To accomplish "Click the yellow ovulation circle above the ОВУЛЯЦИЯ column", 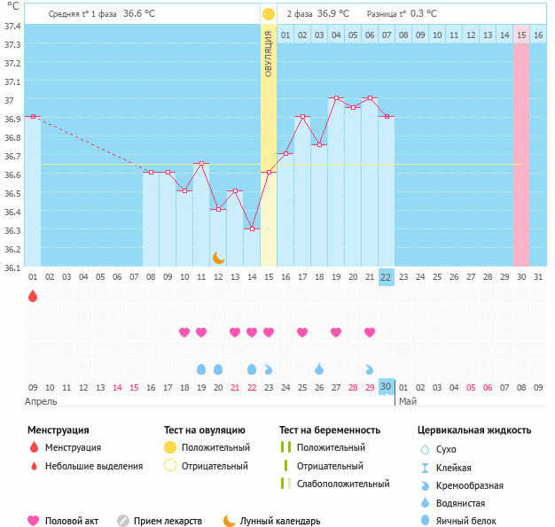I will coord(269,14).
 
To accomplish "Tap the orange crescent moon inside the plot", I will coord(218,257).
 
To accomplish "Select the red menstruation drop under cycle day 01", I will coord(33,296).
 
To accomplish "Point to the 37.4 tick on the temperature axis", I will coord(12,26).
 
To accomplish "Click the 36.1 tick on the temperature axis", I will coord(12,267).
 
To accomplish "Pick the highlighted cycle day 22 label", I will coord(386,277).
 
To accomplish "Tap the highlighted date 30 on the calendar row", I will coord(386,387).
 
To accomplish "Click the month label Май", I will coord(408,401).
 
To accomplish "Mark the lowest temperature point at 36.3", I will coord(252,229).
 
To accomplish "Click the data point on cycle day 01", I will coord(33,116).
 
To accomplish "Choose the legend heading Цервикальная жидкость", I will coord(474,430).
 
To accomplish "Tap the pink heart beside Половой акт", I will coord(35,521).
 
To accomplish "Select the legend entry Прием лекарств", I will coord(168,521).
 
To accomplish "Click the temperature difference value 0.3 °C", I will coord(430,14).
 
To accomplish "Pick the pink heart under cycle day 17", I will coord(302,332).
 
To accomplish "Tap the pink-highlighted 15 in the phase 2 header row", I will coord(521,35).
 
